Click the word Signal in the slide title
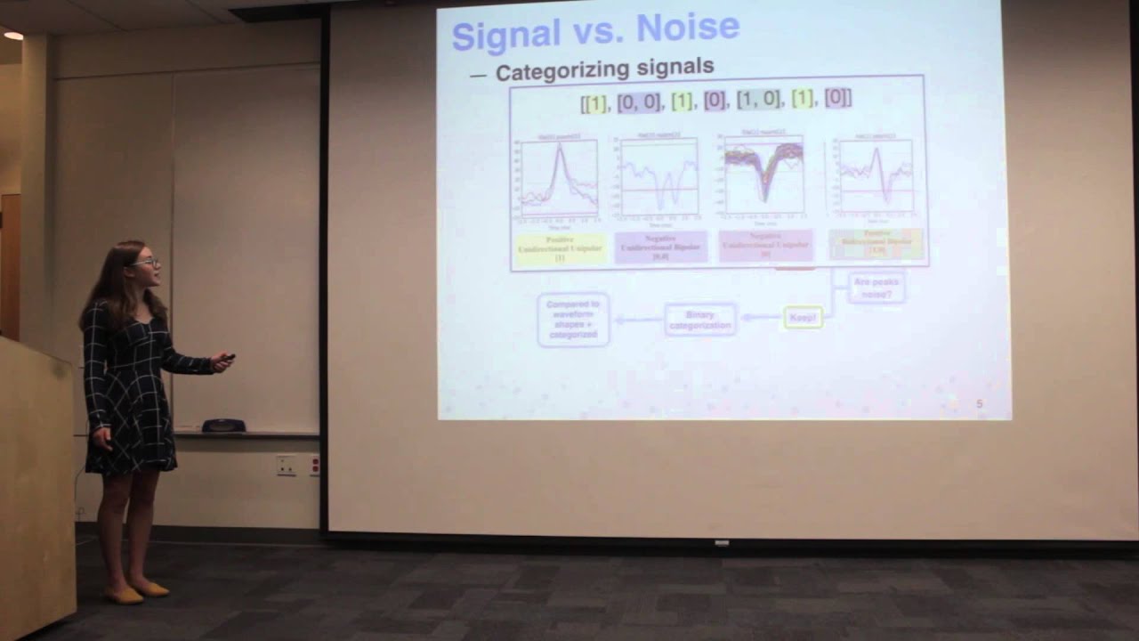[506, 34]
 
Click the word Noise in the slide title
[687, 28]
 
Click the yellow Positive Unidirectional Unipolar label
[560, 247]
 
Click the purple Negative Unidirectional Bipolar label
[659, 247]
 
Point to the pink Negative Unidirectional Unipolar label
[764, 246]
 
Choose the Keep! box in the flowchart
[803, 317]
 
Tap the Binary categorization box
[700, 319]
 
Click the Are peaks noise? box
[876, 287]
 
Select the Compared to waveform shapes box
[573, 319]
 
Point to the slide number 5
[980, 404]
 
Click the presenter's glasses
[147, 263]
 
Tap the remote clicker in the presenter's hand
[229, 358]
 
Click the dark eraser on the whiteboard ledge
[223, 426]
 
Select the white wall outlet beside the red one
[286, 465]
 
